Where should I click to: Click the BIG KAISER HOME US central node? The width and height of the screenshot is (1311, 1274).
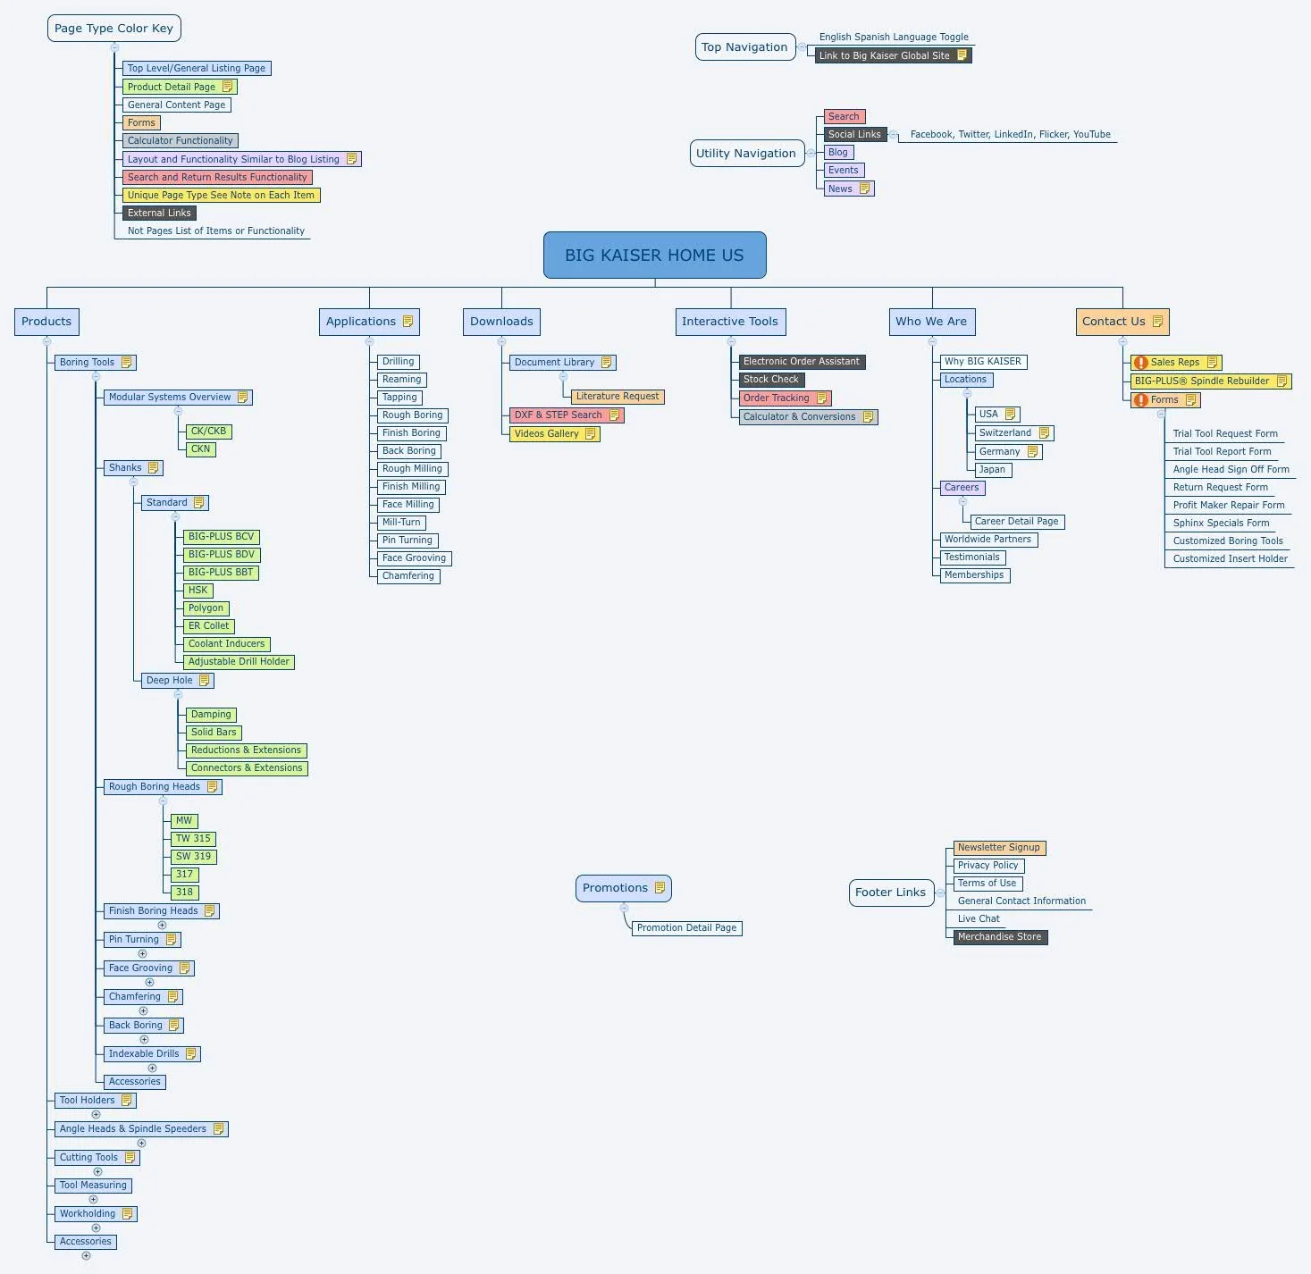654,256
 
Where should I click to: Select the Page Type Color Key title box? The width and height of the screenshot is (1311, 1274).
113,29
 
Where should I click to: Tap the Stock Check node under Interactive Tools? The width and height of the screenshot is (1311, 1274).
771,380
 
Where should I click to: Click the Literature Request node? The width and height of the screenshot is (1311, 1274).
617,397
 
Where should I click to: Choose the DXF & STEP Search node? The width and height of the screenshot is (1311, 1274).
559,415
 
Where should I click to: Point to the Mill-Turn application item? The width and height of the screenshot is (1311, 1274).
401,523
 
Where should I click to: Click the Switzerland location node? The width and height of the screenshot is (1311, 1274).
1005,433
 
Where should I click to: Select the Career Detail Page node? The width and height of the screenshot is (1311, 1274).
1016,522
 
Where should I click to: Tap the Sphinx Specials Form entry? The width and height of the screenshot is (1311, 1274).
1221,524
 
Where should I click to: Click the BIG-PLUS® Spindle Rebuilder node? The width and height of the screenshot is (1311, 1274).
1202,381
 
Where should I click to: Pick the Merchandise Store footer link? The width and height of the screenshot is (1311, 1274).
999,937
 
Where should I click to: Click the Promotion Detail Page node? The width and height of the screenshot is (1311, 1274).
686,928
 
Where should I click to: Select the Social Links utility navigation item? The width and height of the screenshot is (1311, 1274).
854,135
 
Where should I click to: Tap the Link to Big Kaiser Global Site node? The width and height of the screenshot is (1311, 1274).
885,55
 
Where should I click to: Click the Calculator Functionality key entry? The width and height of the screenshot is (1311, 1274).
180,141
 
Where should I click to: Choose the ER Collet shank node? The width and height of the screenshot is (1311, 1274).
208,626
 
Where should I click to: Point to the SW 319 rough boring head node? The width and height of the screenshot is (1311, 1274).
193,857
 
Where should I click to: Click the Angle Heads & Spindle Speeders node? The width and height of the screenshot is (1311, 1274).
133,1129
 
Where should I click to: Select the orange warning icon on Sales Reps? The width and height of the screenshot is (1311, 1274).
1140,363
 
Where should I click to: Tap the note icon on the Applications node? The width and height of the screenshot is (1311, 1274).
408,322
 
